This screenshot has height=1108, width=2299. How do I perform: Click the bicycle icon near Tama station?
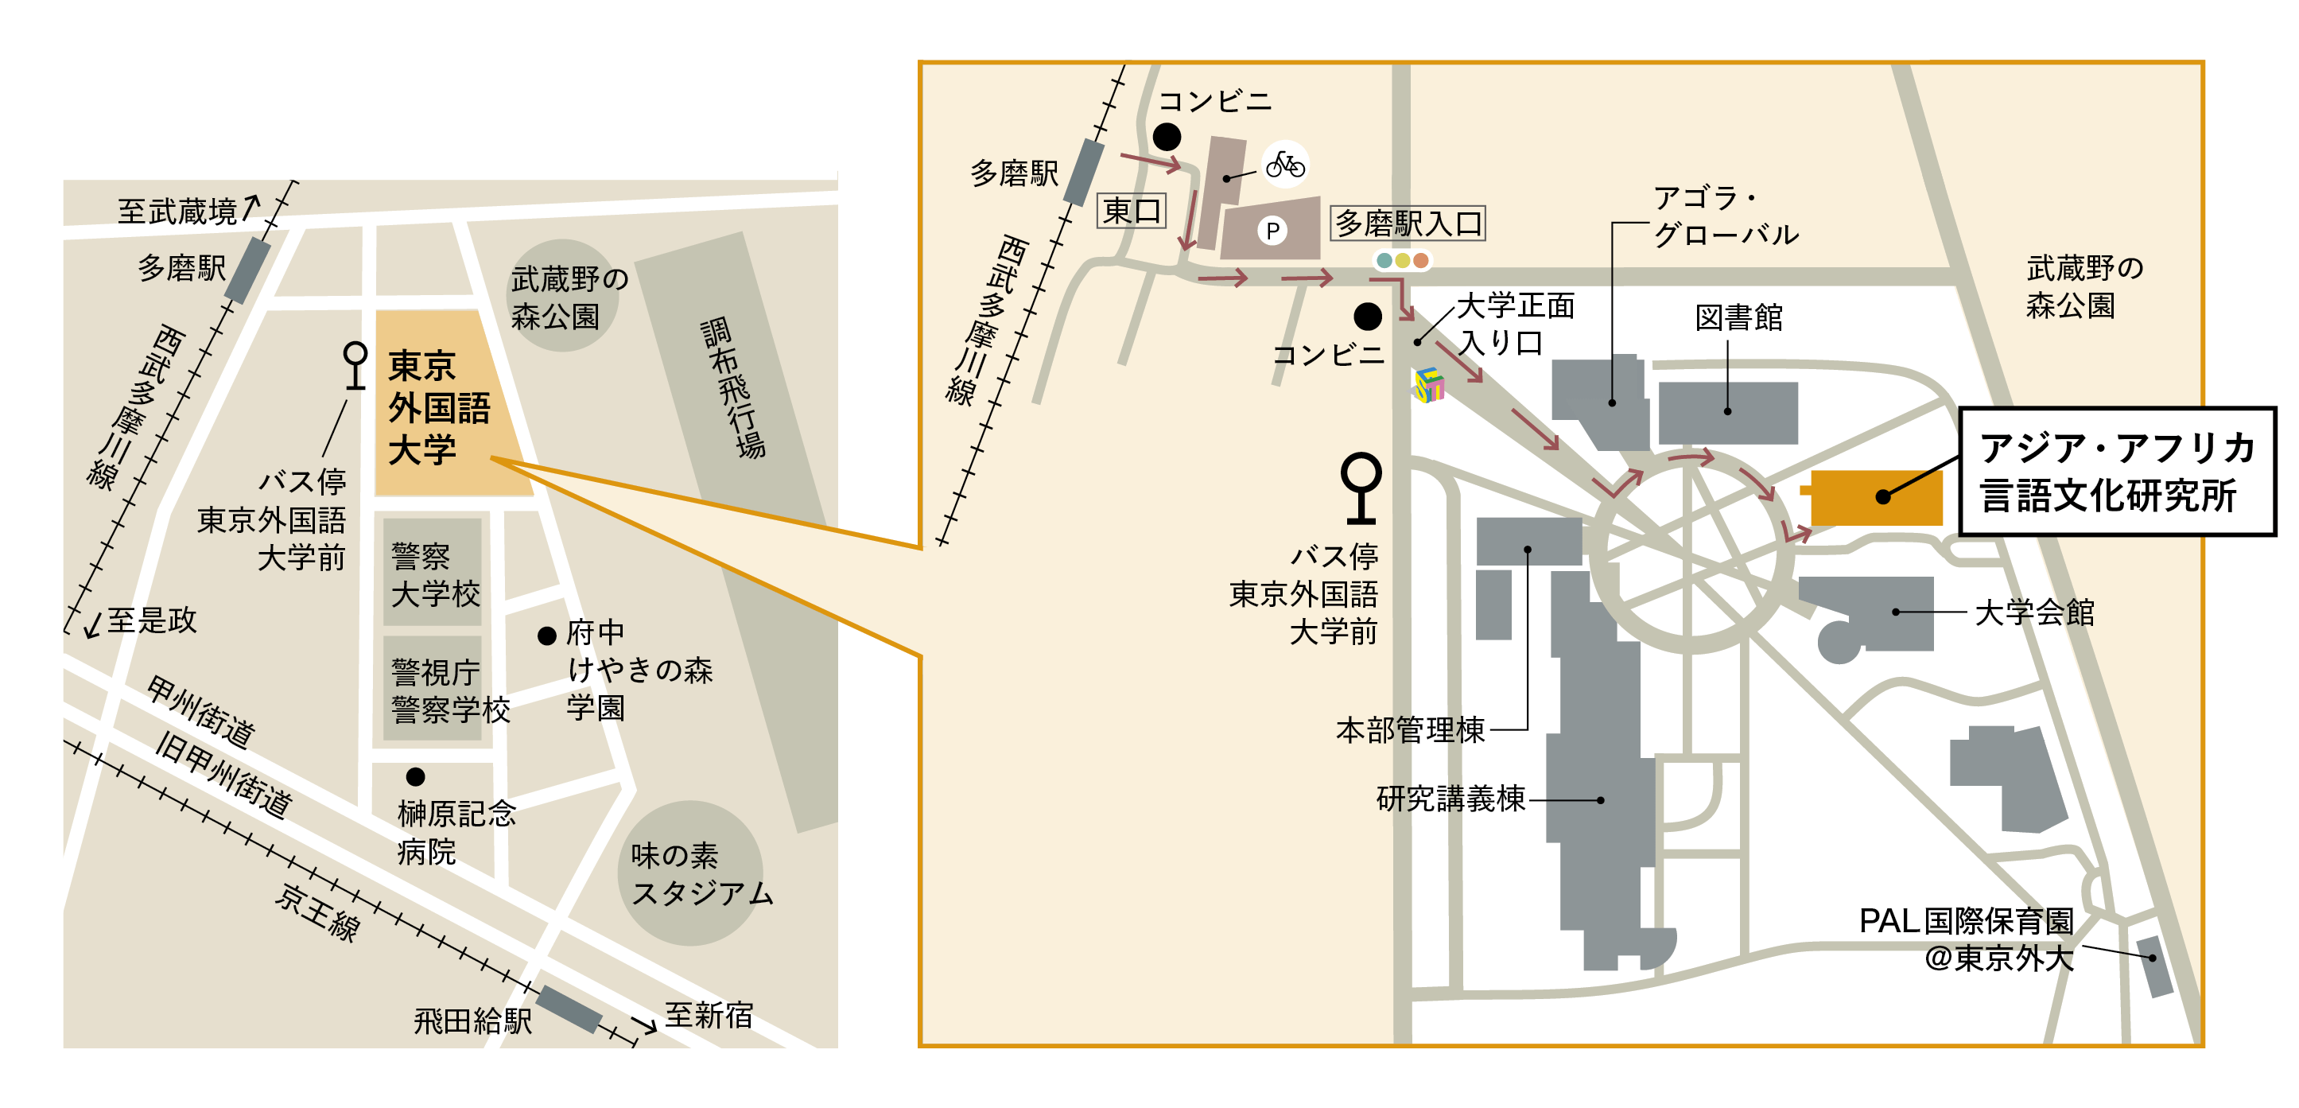pyautogui.click(x=1285, y=165)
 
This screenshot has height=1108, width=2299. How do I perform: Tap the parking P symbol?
pyautogui.click(x=1272, y=231)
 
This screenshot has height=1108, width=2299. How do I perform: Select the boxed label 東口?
pyautogui.click(x=1131, y=212)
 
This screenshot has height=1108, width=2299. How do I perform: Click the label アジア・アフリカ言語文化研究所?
pyautogui.click(x=2116, y=472)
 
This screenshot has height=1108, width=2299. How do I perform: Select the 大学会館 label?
pyautogui.click(x=2034, y=612)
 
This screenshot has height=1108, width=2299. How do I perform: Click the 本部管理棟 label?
pyautogui.click(x=1410, y=730)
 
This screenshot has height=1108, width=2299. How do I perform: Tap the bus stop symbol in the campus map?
pyautogui.click(x=1361, y=488)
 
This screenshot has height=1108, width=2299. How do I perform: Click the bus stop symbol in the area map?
pyautogui.click(x=355, y=365)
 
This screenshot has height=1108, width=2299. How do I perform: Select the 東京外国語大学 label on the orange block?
pyautogui.click(x=437, y=407)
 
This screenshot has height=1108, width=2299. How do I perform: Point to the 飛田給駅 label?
pyautogui.click(x=472, y=1021)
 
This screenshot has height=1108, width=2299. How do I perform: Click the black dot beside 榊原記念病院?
pyautogui.click(x=415, y=777)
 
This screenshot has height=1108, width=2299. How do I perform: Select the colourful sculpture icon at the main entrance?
pyautogui.click(x=1428, y=386)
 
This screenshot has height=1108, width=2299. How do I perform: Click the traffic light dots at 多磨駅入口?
pyautogui.click(x=1402, y=261)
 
